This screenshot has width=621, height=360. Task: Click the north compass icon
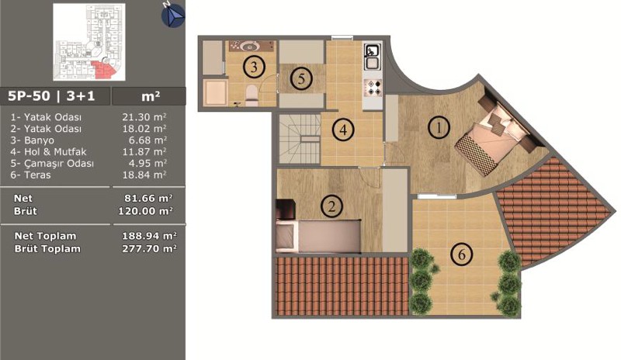click(172, 15)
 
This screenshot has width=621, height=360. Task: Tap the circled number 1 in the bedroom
click(439, 127)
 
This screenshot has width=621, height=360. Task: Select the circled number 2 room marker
click(332, 206)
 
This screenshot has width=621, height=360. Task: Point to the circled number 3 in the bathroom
click(254, 67)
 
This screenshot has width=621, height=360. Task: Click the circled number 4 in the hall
click(343, 130)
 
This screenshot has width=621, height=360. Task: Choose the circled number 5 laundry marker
click(301, 79)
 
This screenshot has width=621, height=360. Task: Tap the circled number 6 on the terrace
click(462, 254)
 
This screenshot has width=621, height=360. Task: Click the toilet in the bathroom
click(252, 95)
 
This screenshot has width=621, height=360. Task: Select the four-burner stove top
click(373, 88)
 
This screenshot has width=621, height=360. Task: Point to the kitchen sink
click(373, 57)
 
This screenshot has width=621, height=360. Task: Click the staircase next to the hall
click(300, 139)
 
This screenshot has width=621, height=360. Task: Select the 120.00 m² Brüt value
click(145, 211)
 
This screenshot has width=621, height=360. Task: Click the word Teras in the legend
click(37, 175)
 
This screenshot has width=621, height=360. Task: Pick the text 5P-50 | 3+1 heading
click(51, 96)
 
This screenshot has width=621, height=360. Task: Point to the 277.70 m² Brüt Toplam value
click(149, 249)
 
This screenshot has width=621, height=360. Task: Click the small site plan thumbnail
click(89, 42)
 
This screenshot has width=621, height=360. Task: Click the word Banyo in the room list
click(39, 140)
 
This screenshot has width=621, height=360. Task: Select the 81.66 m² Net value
click(148, 198)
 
